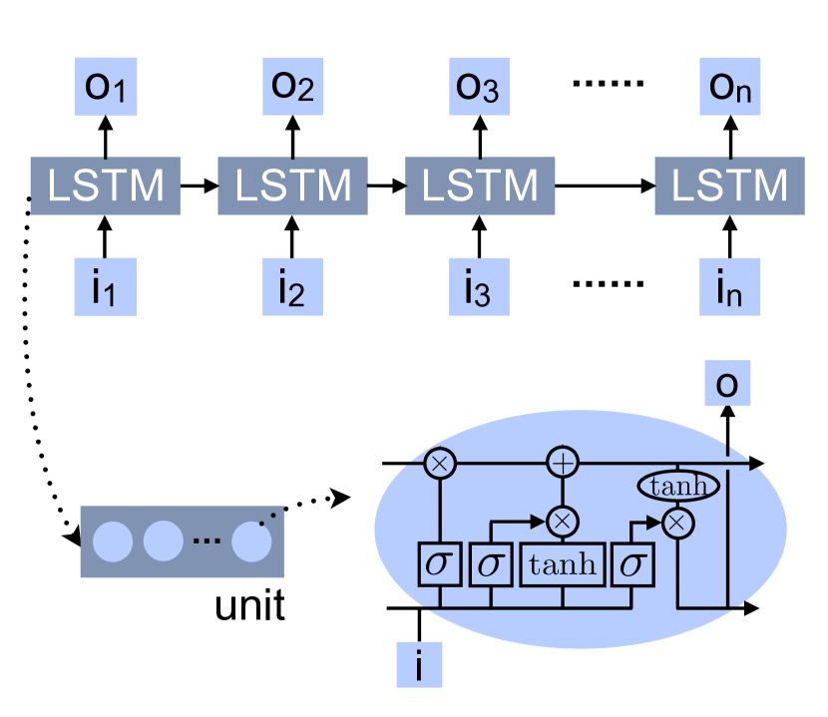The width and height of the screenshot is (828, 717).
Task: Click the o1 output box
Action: pyautogui.click(x=105, y=88)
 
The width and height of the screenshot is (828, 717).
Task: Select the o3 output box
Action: pyautogui.click(x=479, y=88)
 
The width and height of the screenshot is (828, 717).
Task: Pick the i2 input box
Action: pyautogui.click(x=292, y=287)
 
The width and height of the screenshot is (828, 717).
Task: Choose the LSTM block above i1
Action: pyautogui.click(x=105, y=184)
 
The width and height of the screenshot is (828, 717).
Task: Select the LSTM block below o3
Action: pyautogui.click(x=479, y=184)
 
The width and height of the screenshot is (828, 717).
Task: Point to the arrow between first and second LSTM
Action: pyautogui.click(x=199, y=184)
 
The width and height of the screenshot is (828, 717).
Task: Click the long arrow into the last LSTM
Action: pyautogui.click(x=604, y=184)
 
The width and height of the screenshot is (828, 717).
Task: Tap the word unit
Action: pyautogui.click(x=250, y=605)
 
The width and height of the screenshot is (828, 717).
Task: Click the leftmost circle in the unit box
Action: pyautogui.click(x=113, y=541)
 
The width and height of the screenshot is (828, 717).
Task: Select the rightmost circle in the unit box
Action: pyautogui.click(x=251, y=541)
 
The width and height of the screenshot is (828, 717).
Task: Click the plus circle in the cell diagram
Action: pyautogui.click(x=564, y=463)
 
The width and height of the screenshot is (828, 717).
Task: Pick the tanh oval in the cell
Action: pyautogui.click(x=678, y=487)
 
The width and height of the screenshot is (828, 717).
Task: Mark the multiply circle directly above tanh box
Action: pyautogui.click(x=564, y=520)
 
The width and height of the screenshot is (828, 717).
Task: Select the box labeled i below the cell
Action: pyautogui.click(x=419, y=663)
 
